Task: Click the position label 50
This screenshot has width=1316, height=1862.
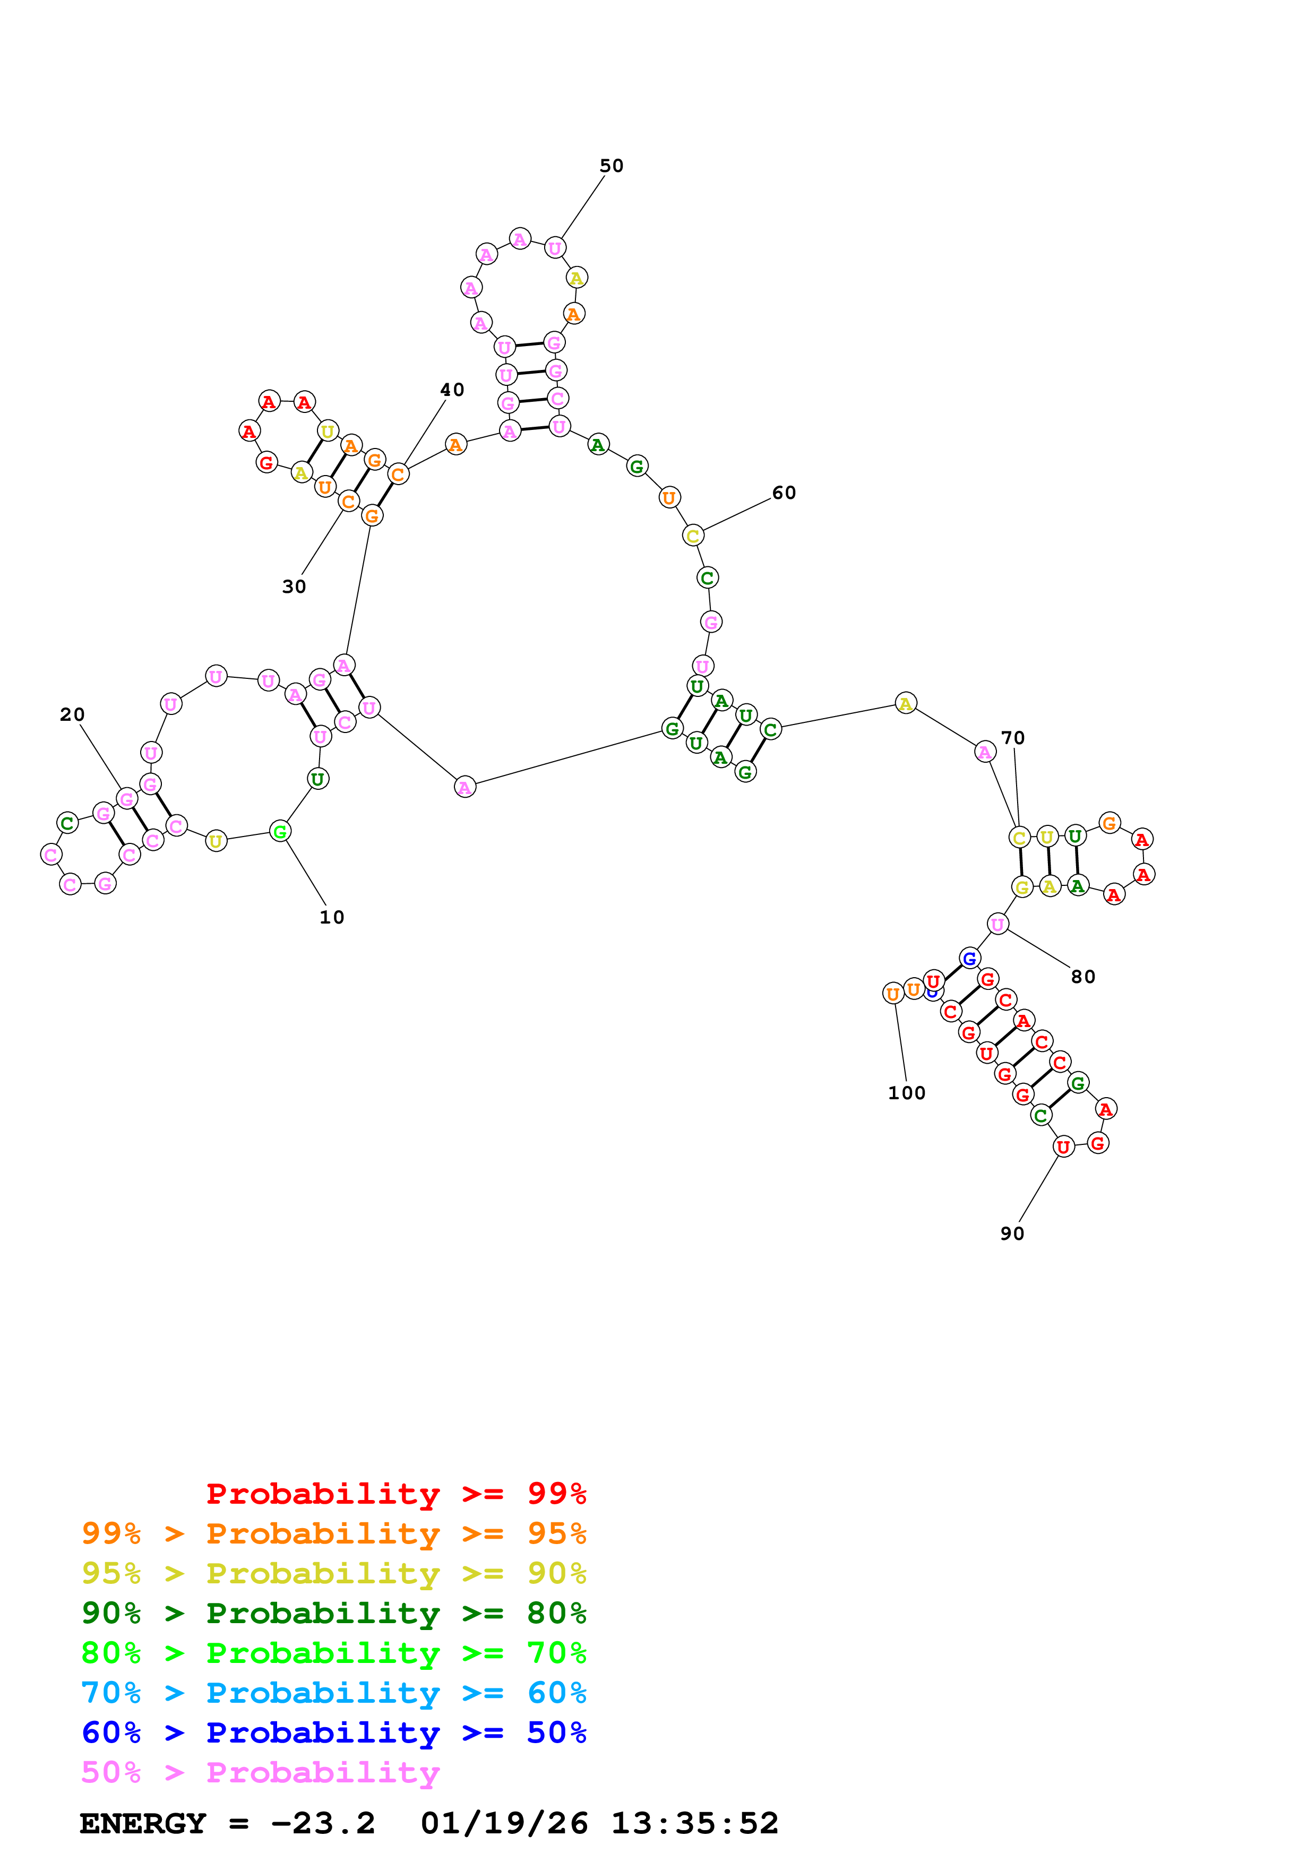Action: [612, 166]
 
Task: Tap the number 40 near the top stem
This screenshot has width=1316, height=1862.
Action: [452, 390]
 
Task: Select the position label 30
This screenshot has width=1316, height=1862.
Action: [294, 587]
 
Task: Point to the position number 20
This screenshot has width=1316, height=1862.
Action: [72, 714]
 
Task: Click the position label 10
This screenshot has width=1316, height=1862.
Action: [332, 917]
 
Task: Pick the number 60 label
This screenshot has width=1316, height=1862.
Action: [783, 493]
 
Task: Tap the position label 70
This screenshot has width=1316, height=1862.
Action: [1013, 738]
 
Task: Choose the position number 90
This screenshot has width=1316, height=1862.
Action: [1012, 1234]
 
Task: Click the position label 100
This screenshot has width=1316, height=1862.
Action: [907, 1093]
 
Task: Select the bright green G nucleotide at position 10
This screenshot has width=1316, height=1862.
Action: [280, 831]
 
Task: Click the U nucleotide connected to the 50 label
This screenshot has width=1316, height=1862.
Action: [555, 248]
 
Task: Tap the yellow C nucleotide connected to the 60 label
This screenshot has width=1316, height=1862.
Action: [692, 536]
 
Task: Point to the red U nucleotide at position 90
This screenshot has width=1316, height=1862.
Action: [1063, 1146]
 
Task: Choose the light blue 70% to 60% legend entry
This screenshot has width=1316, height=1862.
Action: [333, 1693]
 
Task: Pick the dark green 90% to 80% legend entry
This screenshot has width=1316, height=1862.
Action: [333, 1613]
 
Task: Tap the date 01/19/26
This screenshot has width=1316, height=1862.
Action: [504, 1823]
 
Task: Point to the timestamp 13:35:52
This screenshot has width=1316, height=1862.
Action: [694, 1823]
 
